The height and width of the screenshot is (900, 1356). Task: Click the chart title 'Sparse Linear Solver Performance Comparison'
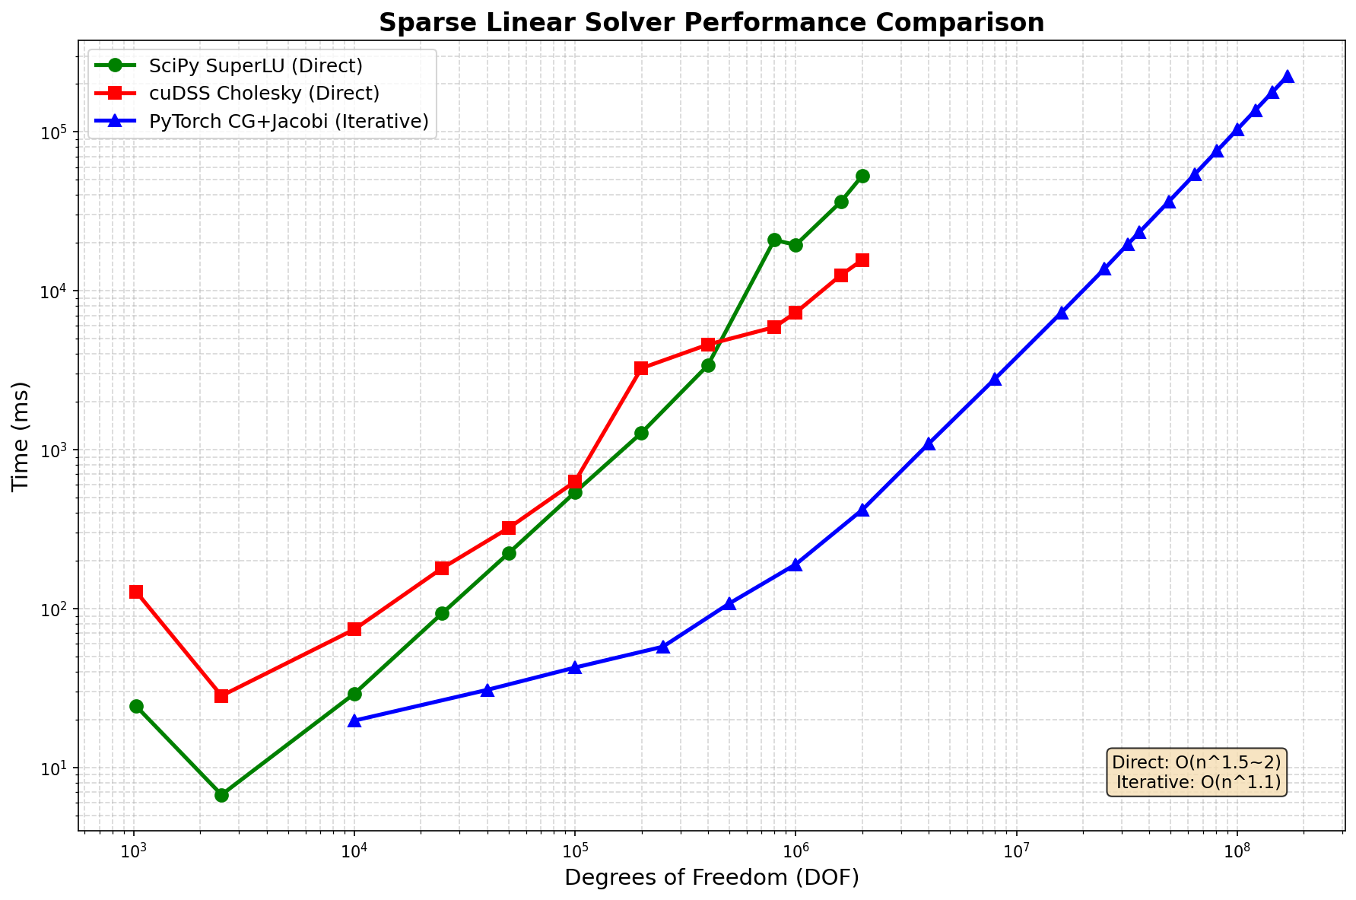[x=711, y=23]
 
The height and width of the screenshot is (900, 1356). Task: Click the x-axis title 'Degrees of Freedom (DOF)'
[x=711, y=878]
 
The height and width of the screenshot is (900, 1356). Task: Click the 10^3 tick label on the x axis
[x=135, y=850]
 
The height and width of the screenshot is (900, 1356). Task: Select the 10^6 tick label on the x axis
[x=795, y=850]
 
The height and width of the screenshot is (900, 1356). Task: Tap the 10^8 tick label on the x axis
[x=1237, y=850]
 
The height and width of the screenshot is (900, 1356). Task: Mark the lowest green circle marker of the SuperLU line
[x=221, y=795]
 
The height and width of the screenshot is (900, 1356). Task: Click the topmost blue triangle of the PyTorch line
[x=1288, y=76]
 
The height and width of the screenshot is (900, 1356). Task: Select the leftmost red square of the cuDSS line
[x=136, y=592]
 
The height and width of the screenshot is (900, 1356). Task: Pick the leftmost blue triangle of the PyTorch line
[x=354, y=720]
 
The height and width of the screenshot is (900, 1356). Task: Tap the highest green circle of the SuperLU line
[x=862, y=176]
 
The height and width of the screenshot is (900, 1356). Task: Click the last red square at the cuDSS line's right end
[x=862, y=260]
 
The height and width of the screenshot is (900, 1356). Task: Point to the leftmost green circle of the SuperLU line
[x=136, y=706]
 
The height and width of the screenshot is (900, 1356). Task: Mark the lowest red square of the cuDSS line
[x=221, y=696]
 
